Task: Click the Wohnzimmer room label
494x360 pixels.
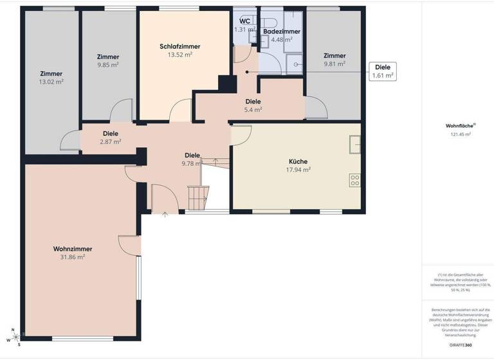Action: (72, 249)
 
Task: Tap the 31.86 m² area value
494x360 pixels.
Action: (72, 257)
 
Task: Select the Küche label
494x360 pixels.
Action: (298, 161)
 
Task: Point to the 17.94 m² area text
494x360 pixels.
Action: (298, 170)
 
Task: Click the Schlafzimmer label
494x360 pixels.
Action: (179, 46)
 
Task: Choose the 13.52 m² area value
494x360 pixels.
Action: (179, 55)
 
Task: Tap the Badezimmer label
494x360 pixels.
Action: (282, 31)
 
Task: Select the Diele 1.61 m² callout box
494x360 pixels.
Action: (382, 71)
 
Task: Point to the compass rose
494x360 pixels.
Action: (15, 337)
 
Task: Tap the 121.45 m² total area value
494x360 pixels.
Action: (461, 134)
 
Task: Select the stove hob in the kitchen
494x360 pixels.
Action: (354, 180)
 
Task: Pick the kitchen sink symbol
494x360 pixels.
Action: (354, 145)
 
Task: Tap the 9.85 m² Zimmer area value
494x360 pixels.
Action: (107, 65)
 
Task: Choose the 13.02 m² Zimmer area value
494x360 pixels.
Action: (51, 82)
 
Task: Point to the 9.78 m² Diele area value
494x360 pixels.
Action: (192, 163)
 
